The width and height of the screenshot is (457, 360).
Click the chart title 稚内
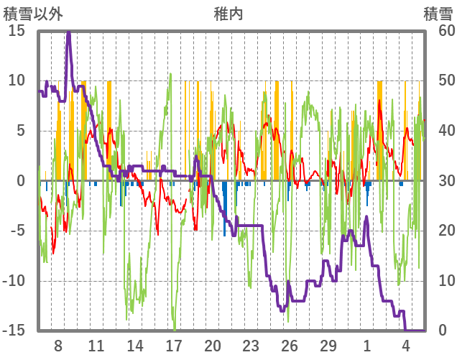228,12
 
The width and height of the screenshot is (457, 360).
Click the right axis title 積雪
437,12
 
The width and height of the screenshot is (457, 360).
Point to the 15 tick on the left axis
17,31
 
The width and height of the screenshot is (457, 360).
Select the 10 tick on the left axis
17,80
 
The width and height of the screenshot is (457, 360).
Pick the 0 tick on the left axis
21,180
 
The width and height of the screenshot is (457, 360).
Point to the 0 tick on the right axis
443,331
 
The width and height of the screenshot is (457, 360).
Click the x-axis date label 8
58,346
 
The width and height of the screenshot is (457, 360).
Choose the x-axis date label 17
174,346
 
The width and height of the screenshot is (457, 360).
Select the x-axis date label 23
251,346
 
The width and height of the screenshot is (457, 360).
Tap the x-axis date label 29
328,346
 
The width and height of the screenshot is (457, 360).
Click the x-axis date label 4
405,346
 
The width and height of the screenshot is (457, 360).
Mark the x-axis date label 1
367,346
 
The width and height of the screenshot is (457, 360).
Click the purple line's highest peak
68,33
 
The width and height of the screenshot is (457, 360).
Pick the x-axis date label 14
135,346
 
